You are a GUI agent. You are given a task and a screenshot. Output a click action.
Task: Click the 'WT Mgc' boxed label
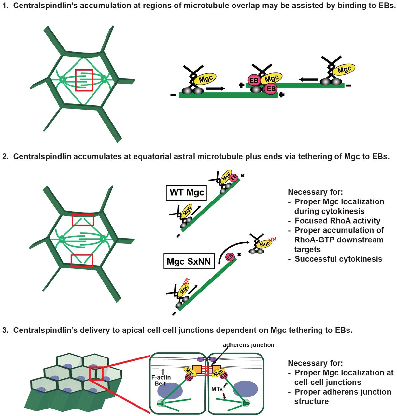coord(187,192)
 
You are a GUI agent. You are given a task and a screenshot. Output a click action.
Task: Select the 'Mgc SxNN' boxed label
coord(189,261)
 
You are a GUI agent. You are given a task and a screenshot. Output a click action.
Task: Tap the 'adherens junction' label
coord(248,345)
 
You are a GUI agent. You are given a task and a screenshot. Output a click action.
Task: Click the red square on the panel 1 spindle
coord(84,80)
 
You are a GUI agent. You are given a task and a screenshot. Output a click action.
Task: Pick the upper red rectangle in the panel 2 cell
coord(83,220)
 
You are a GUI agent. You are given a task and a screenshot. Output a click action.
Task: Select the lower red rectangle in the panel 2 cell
coord(82,261)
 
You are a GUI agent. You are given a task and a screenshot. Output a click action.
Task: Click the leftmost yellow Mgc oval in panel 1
coord(205,79)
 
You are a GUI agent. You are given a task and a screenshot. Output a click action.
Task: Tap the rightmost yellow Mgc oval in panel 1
coord(344,70)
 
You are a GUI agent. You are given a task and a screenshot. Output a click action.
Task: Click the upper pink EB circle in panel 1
coord(254,80)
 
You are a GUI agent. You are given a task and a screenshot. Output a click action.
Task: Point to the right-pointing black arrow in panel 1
coord(215,88)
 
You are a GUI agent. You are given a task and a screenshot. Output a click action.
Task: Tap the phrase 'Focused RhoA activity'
coord(337,221)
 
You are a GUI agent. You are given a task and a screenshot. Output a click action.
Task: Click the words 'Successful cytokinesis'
coord(338,259)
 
